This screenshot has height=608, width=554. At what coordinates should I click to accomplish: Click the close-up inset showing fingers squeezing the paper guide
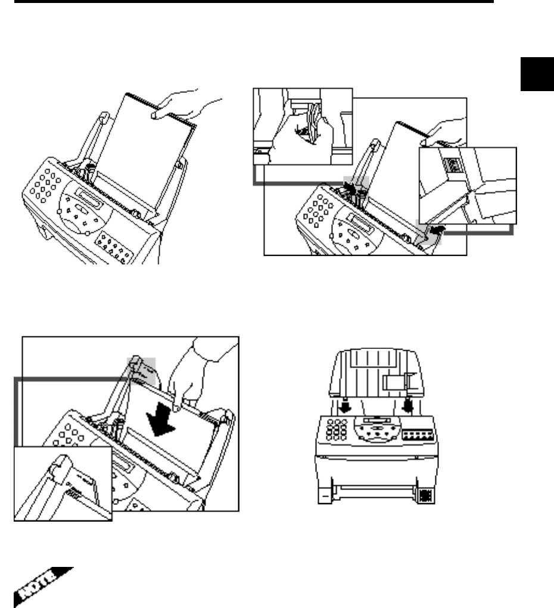pos(303,127)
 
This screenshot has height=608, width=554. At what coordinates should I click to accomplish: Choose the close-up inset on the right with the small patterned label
pos(468,185)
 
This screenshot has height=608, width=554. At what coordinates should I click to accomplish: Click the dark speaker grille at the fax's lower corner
pos(427,495)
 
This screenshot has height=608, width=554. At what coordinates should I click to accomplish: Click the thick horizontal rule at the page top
pos(247,2)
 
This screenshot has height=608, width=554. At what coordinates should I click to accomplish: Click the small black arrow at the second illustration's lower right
pos(437,228)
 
